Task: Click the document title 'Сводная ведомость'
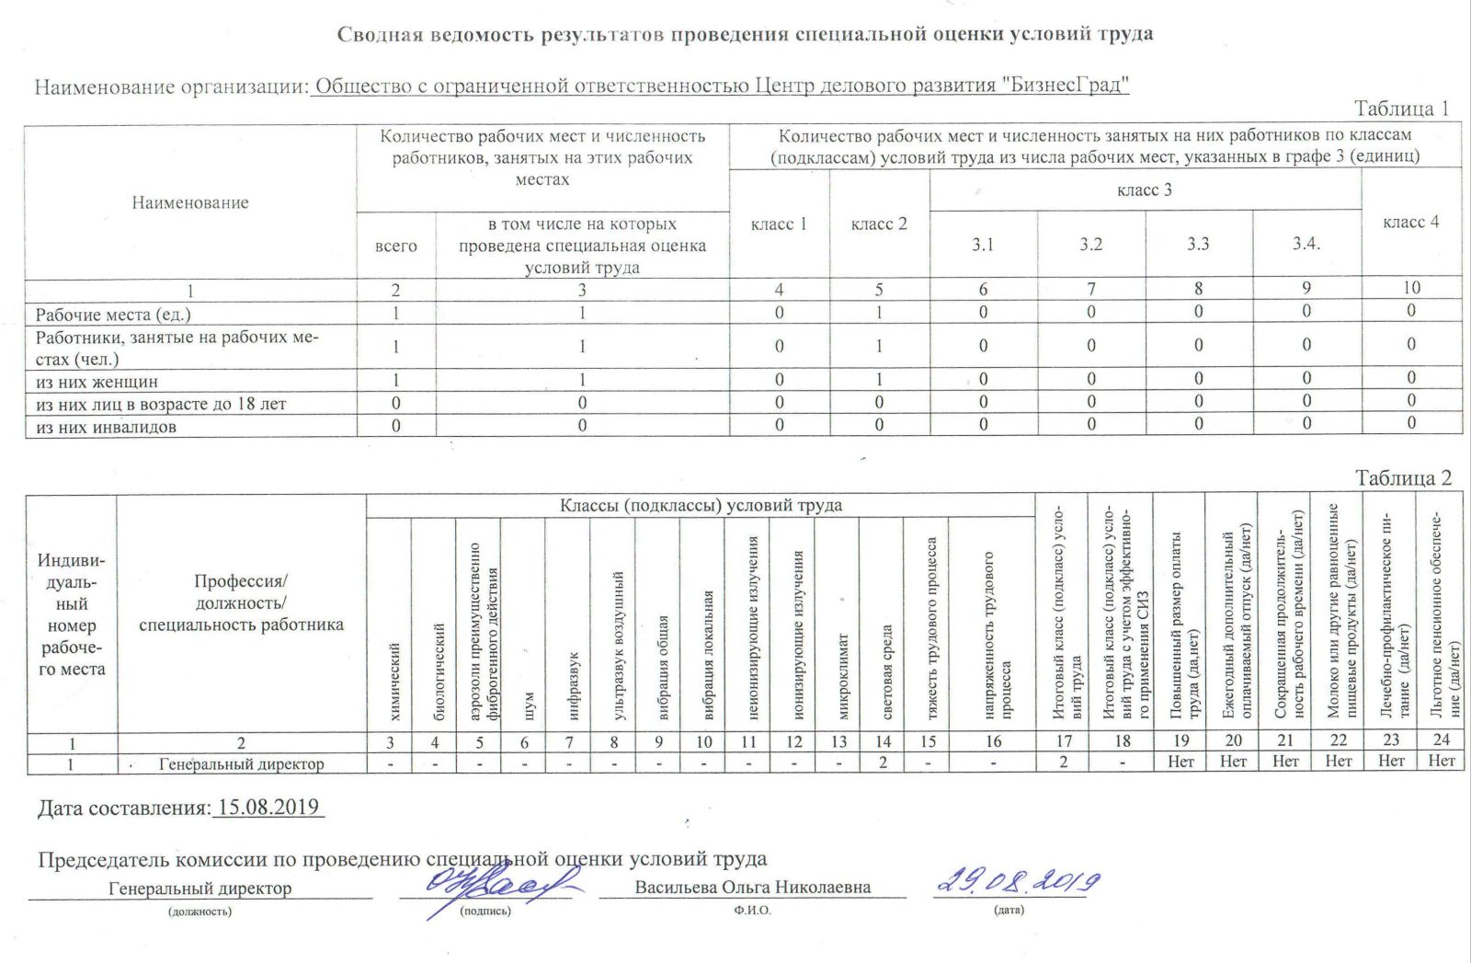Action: pos(745,35)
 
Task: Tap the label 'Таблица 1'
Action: pos(1402,109)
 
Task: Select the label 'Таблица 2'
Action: pos(1403,478)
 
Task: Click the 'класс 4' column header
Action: pos(1410,222)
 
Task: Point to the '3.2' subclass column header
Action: pos(1091,245)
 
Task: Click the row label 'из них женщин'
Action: pos(97,381)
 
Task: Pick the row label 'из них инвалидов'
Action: pos(106,427)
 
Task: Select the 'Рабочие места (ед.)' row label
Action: pos(113,315)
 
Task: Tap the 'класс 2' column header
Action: pos(879,224)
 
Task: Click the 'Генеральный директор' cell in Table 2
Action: pos(241,763)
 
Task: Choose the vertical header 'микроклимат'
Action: pos(843,676)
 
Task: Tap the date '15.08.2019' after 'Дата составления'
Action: pos(268,808)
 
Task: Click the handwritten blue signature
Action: pos(492,885)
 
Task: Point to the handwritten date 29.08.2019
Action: pos(1018,881)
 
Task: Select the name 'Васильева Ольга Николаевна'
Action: pos(752,888)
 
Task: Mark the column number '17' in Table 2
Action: pos(1064,740)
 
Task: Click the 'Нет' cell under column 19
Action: pos(1180,762)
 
